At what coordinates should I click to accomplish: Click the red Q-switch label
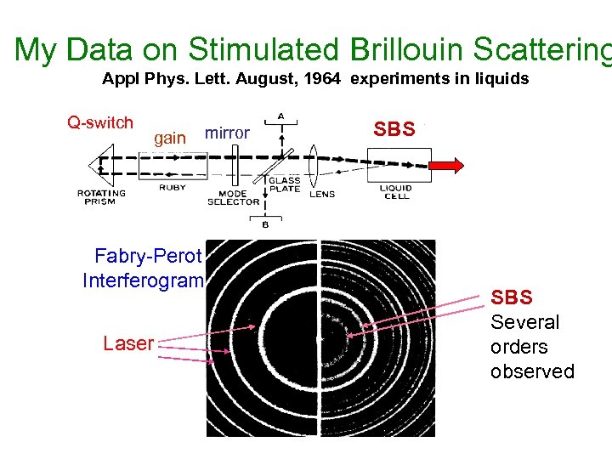[x=100, y=122]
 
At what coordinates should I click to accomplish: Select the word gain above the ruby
[x=170, y=138]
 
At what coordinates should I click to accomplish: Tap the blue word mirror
[x=227, y=133]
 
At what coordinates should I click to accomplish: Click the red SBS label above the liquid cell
[x=394, y=129]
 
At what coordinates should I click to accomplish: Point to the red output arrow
[x=445, y=164]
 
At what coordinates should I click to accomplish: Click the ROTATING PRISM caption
[x=101, y=196]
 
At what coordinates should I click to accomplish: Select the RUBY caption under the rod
[x=172, y=188]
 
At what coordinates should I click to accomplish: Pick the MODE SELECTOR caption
[x=233, y=197]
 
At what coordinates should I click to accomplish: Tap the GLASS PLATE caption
[x=285, y=184]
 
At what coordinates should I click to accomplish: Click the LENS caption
[x=322, y=194]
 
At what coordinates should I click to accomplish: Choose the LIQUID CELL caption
[x=396, y=192]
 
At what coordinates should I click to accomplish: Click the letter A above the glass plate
[x=280, y=116]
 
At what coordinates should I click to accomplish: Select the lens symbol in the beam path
[x=314, y=163]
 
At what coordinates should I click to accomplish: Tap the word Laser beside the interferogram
[x=128, y=343]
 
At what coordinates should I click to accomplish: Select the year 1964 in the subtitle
[x=321, y=79]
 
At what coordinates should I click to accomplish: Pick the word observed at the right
[x=532, y=371]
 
